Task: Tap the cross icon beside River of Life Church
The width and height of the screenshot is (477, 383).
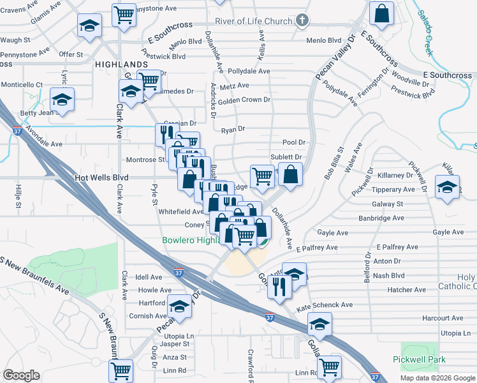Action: click(302, 21)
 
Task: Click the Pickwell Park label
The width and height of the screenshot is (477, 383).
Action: click(420, 361)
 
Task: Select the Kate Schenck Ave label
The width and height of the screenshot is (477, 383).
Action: click(325, 305)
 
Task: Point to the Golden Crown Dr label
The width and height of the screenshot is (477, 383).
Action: click(244, 100)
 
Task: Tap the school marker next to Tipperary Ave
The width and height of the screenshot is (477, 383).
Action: click(447, 187)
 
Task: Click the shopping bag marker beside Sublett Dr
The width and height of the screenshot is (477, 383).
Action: click(291, 175)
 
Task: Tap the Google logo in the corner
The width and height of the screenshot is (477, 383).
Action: click(21, 375)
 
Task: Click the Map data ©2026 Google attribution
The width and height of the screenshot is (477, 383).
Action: click(437, 378)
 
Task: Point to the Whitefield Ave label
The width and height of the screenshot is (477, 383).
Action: click(180, 211)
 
